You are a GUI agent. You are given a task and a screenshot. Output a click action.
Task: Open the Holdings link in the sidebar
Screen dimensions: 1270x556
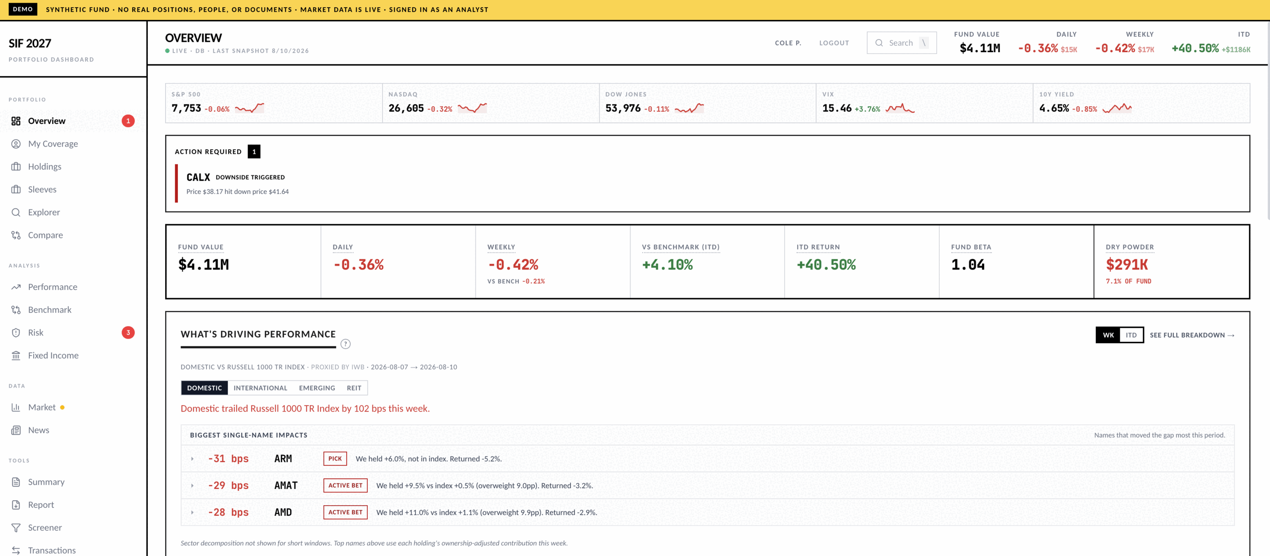tap(44, 167)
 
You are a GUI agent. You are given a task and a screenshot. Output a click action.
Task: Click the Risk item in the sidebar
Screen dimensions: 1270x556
tap(35, 333)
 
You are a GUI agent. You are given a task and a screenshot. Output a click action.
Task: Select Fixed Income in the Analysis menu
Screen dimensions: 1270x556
tap(53, 355)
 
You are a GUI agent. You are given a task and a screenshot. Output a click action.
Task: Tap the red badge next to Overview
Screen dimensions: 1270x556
tap(128, 121)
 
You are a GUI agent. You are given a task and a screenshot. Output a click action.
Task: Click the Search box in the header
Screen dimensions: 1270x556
tap(901, 43)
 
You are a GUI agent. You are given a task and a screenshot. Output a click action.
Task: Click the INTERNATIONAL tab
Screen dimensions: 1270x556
tap(260, 388)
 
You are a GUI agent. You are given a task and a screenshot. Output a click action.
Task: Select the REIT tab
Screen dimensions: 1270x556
tap(354, 388)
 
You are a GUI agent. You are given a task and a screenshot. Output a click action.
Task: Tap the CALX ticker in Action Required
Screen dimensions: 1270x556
tap(198, 177)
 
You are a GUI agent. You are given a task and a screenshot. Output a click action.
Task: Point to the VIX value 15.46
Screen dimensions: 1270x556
tap(837, 108)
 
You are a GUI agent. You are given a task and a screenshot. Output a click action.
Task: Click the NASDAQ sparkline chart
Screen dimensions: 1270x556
tap(472, 108)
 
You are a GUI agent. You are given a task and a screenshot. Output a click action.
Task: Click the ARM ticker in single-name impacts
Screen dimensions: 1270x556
tap(283, 459)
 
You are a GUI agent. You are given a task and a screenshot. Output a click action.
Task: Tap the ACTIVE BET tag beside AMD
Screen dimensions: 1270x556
tap(346, 512)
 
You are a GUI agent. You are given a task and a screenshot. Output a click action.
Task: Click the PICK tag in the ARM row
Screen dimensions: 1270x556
tap(335, 458)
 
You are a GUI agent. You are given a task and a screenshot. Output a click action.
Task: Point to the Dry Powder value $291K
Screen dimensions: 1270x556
tap(1127, 265)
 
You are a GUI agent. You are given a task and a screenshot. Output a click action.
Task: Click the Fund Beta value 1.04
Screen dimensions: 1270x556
tap(968, 265)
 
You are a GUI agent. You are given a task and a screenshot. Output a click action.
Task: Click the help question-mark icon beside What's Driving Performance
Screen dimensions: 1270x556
tap(346, 344)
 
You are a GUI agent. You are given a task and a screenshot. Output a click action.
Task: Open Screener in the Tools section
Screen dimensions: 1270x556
tap(45, 527)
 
